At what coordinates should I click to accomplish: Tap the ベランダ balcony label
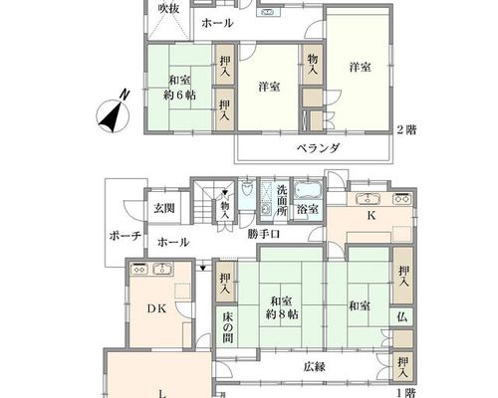tap(318, 148)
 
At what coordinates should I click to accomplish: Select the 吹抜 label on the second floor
tap(168, 9)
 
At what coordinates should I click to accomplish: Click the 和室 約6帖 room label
tap(179, 88)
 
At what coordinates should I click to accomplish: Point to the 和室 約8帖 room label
tap(282, 307)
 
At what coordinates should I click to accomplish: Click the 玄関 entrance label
tap(164, 209)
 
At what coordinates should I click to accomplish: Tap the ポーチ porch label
tap(125, 237)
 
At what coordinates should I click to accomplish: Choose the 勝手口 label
tap(264, 234)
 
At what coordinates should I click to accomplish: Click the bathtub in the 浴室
tap(308, 191)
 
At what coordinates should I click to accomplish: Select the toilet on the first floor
tap(247, 189)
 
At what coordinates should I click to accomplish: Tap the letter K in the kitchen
tap(371, 216)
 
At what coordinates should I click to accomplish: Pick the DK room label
tap(156, 308)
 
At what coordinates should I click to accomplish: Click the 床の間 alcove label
tap(228, 327)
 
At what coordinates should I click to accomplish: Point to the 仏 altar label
tap(401, 317)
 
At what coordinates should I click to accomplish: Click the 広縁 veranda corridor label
tap(314, 366)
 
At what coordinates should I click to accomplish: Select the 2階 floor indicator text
tap(406, 129)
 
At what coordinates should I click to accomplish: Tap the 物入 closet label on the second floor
tap(313, 65)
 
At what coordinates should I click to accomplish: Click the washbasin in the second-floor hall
tap(268, 12)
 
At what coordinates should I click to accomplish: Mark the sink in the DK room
tap(162, 268)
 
